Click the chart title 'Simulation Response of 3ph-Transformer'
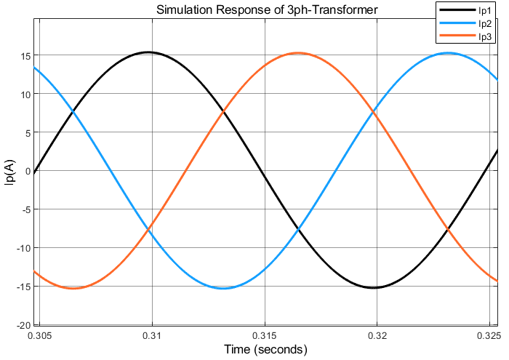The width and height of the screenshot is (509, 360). (x=266, y=9)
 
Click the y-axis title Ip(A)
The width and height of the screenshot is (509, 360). (x=10, y=172)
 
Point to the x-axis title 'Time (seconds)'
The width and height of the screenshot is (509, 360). (x=266, y=350)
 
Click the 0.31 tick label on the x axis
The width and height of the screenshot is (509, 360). (x=152, y=336)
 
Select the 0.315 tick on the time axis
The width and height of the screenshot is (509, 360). (x=265, y=336)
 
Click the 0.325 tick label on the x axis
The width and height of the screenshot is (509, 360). (x=489, y=336)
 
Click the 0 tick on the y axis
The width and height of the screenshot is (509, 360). (x=26, y=172)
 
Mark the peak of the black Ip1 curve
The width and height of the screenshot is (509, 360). (x=148, y=52)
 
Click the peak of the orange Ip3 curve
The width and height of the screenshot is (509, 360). (x=299, y=52)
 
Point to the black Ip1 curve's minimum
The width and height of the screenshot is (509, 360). (x=374, y=288)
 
